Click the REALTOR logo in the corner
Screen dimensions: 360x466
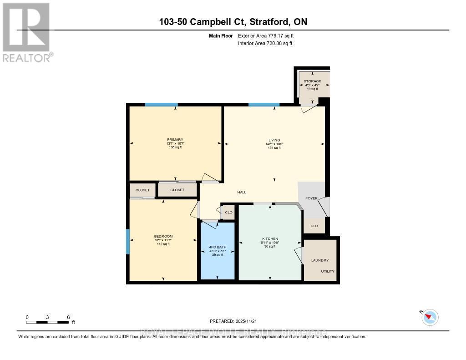pyautogui.click(x=26, y=32)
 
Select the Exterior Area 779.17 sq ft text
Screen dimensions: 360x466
pyautogui.click(x=268, y=35)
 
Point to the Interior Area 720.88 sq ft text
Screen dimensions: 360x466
pyautogui.click(x=265, y=43)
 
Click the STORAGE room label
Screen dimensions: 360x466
pyautogui.click(x=313, y=81)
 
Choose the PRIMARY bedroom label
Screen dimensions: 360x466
pyautogui.click(x=175, y=140)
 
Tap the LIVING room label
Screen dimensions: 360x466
pyautogui.click(x=274, y=140)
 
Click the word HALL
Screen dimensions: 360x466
pyautogui.click(x=242, y=192)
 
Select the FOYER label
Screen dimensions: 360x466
pyautogui.click(x=311, y=198)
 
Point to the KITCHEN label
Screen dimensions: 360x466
pyautogui.click(x=270, y=239)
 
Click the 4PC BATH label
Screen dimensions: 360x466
pyautogui.click(x=218, y=247)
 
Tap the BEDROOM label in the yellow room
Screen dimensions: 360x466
pyautogui.click(x=163, y=236)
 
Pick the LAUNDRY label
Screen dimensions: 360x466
pyautogui.click(x=319, y=260)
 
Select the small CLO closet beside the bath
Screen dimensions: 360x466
pyautogui.click(x=228, y=213)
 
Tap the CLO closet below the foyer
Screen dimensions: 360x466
pyautogui.click(x=314, y=226)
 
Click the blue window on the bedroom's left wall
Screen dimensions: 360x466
pyautogui.click(x=128, y=242)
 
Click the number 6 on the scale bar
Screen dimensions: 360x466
pyautogui.click(x=68, y=317)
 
